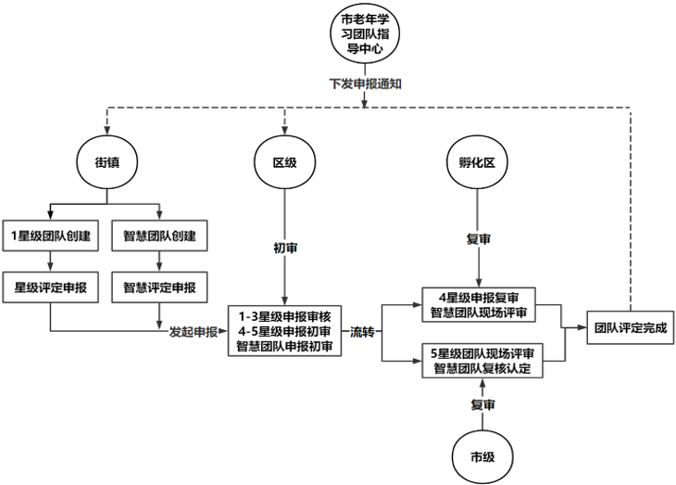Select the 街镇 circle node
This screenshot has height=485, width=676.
pyautogui.click(x=108, y=162)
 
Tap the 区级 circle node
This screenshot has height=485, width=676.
pyautogui.click(x=284, y=162)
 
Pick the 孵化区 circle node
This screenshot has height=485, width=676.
pyautogui.click(x=478, y=162)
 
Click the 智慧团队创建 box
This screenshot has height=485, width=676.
pyautogui.click(x=159, y=236)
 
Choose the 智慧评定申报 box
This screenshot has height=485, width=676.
pyautogui.click(x=159, y=287)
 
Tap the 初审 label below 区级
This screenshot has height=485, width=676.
pyautogui.click(x=284, y=249)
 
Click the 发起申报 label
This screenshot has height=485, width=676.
pyautogui.click(x=193, y=331)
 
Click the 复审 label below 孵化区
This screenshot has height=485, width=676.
pyautogui.click(x=478, y=239)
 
